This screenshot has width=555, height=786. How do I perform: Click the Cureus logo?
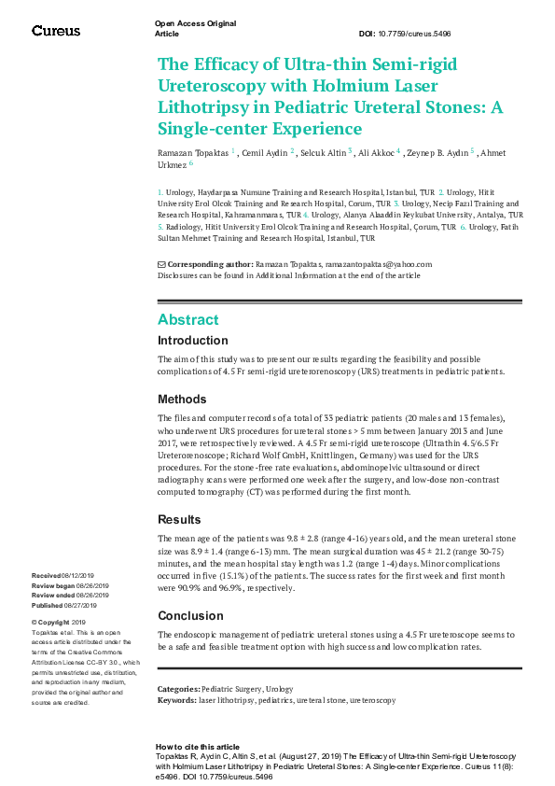pyautogui.click(x=56, y=31)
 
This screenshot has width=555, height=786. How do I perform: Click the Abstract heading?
pyautogui.click(x=188, y=319)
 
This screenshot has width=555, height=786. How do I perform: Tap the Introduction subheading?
pyautogui.click(x=192, y=341)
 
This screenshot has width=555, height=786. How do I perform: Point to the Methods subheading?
pyautogui.click(x=182, y=399)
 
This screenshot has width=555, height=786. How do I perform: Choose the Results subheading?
pyautogui.click(x=179, y=518)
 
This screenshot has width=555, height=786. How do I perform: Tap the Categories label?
pyautogui.click(x=178, y=688)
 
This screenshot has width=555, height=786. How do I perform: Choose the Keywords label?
pyautogui.click(x=177, y=698)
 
